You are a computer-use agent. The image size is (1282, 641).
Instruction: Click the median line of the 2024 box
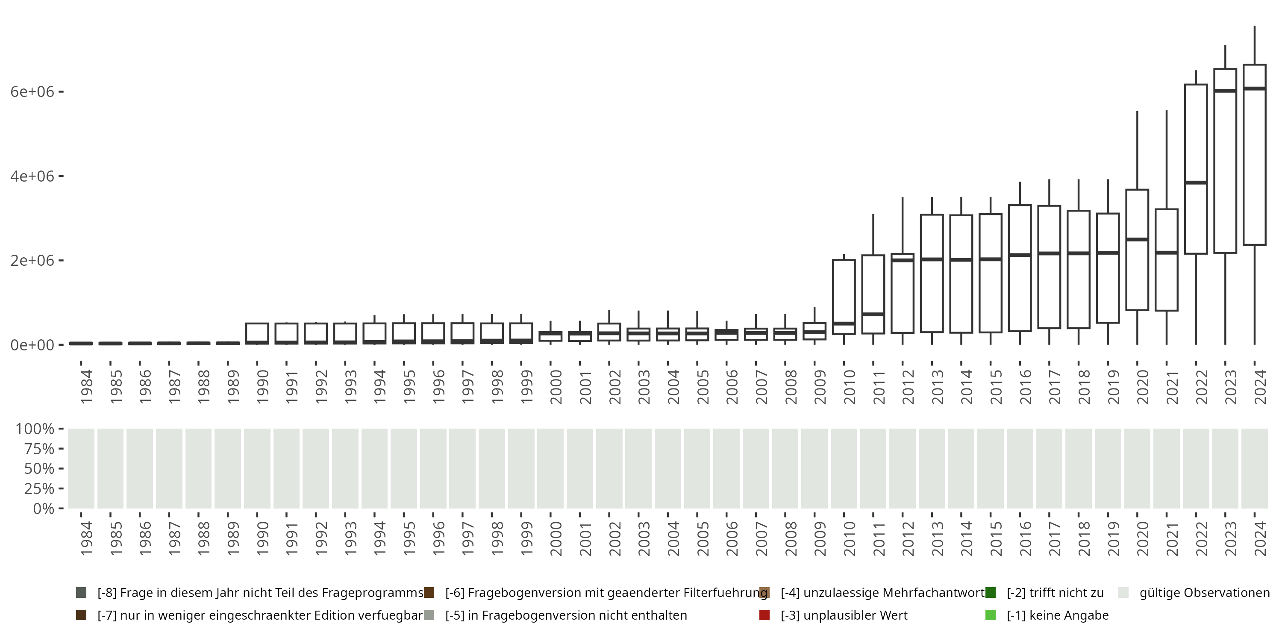(x=1254, y=88)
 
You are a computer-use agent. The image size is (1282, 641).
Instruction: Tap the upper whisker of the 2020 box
(x=1137, y=149)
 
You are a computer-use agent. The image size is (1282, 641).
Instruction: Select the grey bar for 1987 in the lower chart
(x=169, y=468)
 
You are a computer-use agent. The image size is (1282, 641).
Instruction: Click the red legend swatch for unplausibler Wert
(x=764, y=615)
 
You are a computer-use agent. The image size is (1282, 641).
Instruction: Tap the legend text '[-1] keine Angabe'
(x=1057, y=615)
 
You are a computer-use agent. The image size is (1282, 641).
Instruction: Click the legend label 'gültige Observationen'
(x=1204, y=593)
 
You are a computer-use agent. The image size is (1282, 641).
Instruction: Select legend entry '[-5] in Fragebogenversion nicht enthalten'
(x=566, y=615)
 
